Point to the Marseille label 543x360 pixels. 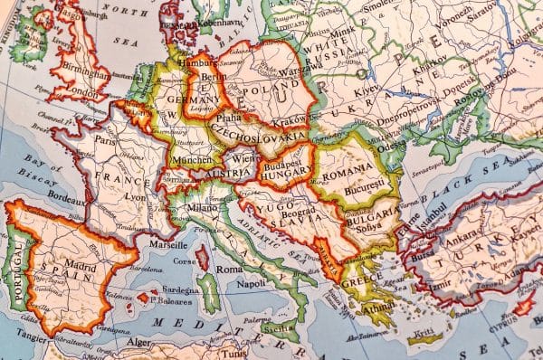(x=167, y=245)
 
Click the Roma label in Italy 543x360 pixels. (x=229, y=270)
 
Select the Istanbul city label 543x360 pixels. (x=432, y=220)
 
